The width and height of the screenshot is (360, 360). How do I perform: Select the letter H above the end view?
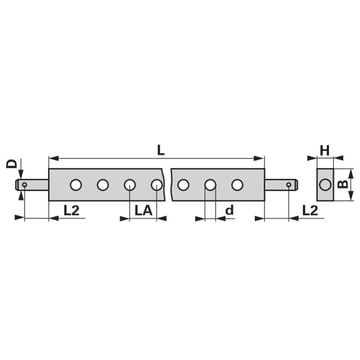pos(325,150)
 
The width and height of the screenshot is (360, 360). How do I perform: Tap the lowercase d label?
pos(229,210)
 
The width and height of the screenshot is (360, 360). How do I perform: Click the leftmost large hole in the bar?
pos(76,184)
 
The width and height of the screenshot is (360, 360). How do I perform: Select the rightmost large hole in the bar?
pos(237,184)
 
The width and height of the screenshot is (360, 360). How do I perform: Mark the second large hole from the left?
pos(103,184)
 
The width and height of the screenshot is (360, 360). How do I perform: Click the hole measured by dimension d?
pos(210,184)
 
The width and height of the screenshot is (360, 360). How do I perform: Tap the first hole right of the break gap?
pos(183,184)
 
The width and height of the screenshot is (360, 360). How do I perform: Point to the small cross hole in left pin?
pos(24,184)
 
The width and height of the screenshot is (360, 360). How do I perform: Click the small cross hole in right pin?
pos(288,184)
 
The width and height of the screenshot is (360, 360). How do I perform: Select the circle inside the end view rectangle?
pos(325,184)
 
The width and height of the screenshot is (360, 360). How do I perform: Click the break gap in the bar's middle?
pos(167,184)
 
